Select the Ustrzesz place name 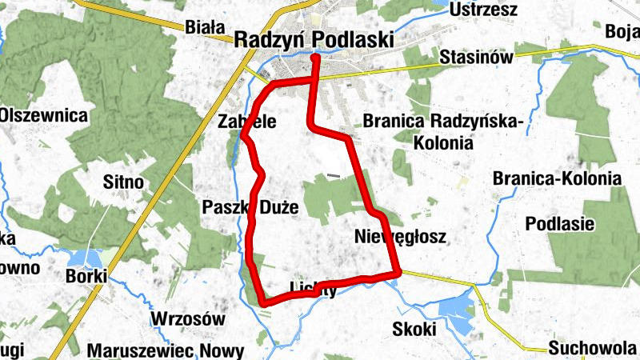click(x=484, y=10)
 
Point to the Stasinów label click(x=476, y=58)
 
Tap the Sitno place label click(x=123, y=182)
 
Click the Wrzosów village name click(x=179, y=316)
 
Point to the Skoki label click(x=414, y=329)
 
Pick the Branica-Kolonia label click(x=557, y=178)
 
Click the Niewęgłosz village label click(x=398, y=237)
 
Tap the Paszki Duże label click(x=250, y=208)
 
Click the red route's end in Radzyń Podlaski click(x=315, y=57)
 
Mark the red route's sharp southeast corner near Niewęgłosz click(x=398, y=274)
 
